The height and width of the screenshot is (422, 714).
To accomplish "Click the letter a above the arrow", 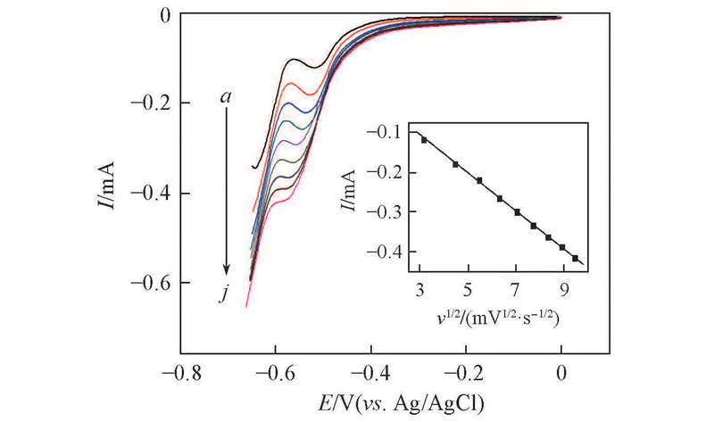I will click(x=227, y=95).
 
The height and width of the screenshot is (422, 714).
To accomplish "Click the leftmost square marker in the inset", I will click(x=424, y=140).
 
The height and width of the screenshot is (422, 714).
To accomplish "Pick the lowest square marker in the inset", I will click(x=576, y=259).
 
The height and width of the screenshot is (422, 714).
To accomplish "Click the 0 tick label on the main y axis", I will click(x=165, y=15).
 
